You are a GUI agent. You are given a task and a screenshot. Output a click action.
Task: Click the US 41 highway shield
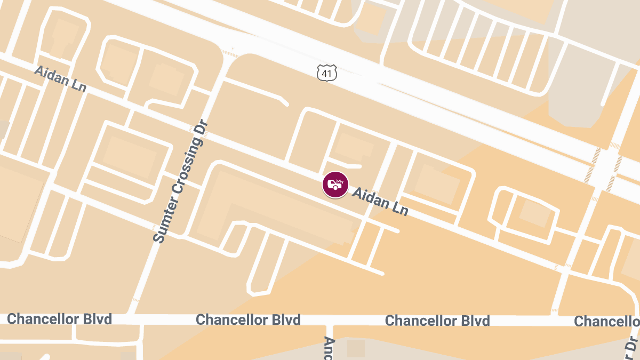point(326,73)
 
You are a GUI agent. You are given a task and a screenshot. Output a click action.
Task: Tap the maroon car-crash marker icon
point(335,185)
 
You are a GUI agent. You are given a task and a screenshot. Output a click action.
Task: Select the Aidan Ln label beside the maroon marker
point(380,202)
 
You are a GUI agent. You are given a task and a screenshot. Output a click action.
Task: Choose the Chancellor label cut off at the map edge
point(606,321)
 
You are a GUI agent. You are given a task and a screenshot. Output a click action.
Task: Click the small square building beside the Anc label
point(356,348)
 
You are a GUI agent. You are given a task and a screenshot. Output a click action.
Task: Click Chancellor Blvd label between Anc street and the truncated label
point(437,321)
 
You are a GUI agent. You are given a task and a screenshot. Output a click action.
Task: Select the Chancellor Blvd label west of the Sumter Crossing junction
point(60,319)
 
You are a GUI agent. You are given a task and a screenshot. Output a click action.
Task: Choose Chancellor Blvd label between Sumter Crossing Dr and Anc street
point(248,320)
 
